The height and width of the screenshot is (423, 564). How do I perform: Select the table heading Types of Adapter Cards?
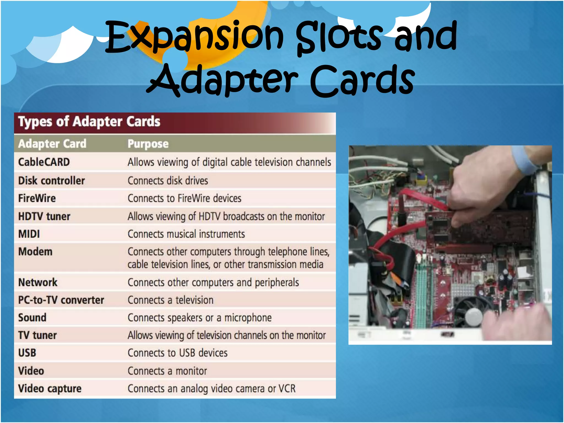89,121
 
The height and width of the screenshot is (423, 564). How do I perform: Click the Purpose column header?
148,144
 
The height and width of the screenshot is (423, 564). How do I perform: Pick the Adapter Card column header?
52,144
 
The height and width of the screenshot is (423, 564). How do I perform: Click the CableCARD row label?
44,162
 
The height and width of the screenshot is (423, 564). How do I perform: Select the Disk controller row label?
51,181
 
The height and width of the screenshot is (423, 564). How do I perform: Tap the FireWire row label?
37,198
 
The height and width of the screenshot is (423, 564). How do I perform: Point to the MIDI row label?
29,234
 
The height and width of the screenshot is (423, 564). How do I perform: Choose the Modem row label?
35,252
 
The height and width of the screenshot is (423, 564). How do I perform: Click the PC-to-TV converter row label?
61,300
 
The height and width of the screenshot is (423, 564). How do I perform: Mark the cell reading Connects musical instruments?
186,234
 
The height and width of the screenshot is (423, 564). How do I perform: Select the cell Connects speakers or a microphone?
200,318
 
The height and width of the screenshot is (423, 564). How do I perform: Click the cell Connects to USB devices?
178,353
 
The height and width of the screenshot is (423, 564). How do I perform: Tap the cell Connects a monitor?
167,371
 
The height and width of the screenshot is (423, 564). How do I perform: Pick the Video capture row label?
50,389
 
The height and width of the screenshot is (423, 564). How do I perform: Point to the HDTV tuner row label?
44,216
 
